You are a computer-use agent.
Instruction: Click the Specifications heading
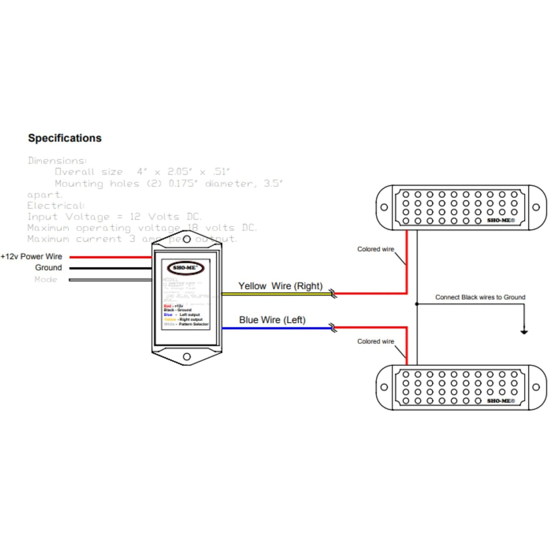[65, 138]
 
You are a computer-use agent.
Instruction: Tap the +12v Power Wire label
[32, 257]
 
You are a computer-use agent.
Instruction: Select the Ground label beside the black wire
[48, 267]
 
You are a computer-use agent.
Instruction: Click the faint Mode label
[46, 279]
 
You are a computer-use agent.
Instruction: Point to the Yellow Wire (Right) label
[280, 286]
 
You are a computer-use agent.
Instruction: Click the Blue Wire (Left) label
[272, 320]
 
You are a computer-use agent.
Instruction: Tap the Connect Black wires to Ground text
[480, 297]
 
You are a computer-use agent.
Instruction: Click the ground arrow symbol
[524, 332]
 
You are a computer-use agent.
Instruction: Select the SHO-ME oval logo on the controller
[186, 268]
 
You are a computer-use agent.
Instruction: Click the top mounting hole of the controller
[186, 239]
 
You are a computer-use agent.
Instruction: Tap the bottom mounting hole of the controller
[186, 357]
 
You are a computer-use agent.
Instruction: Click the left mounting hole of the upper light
[384, 207]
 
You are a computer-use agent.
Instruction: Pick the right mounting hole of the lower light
[536, 387]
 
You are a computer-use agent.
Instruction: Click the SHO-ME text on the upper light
[501, 221]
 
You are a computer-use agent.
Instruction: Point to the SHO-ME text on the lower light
[501, 401]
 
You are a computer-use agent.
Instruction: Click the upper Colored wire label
[376, 249]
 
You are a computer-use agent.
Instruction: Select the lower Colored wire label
[376, 342]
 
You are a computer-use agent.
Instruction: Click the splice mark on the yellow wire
[333, 294]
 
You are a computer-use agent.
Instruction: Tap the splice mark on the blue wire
[333, 328]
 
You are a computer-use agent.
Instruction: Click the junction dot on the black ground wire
[417, 304]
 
